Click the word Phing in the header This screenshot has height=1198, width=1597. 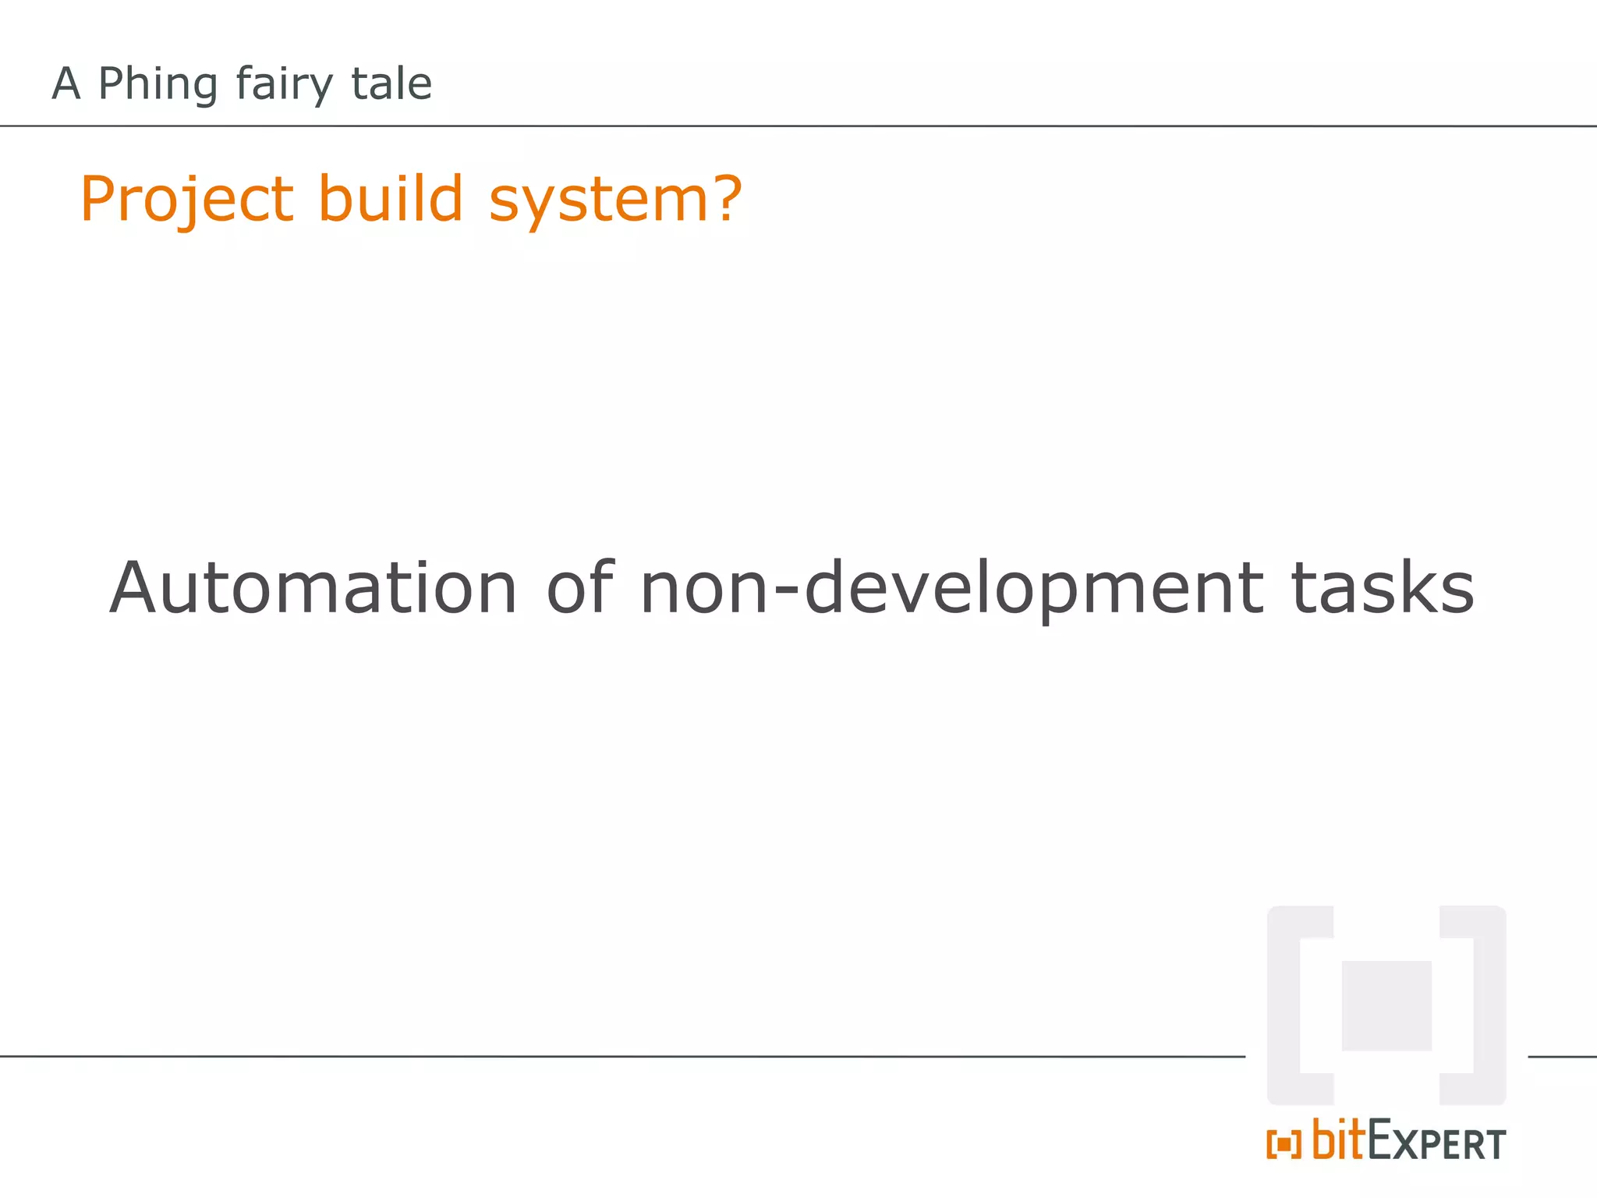point(158,84)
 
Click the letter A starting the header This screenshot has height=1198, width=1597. point(66,84)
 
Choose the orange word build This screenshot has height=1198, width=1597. point(391,198)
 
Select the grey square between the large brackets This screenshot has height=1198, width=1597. point(1386,1005)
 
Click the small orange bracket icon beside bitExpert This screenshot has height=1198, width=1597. point(1284,1145)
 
